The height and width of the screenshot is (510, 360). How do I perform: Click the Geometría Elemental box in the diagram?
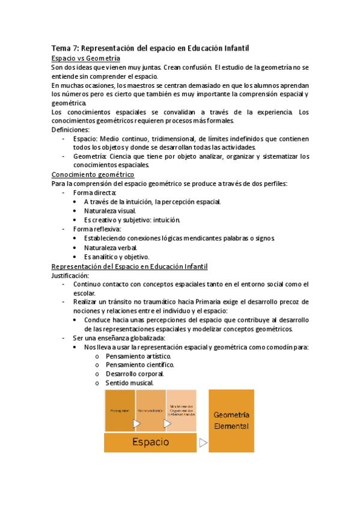click(x=231, y=420)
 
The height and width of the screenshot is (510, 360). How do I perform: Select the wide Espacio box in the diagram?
click(x=150, y=442)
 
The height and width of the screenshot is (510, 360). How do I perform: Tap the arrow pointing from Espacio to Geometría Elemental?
click(x=203, y=443)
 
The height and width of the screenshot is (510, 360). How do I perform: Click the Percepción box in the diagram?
click(x=120, y=410)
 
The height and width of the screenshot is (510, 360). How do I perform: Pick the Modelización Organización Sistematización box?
click(x=181, y=410)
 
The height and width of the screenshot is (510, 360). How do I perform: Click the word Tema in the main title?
click(x=61, y=48)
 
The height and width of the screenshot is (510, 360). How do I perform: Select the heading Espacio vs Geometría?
click(x=86, y=58)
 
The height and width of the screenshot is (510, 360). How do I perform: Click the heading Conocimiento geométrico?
click(x=93, y=174)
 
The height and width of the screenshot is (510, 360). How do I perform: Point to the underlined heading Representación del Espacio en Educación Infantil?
click(x=130, y=266)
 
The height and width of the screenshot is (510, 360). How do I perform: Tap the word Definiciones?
click(x=70, y=129)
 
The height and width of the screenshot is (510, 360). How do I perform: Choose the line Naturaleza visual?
click(x=110, y=210)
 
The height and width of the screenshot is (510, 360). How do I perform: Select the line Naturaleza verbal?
click(x=111, y=248)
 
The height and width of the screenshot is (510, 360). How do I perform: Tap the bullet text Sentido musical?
click(x=129, y=383)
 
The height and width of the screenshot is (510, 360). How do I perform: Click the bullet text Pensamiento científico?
click(x=140, y=365)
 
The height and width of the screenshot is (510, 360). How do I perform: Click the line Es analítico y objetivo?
click(x=117, y=257)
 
